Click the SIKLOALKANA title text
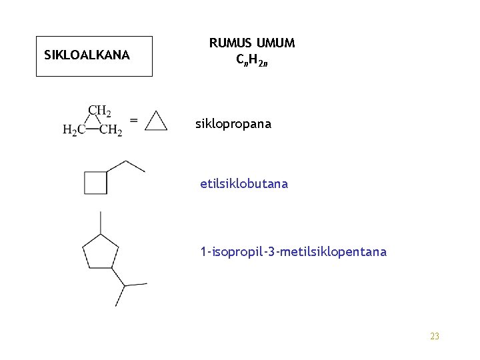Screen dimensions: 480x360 [x=87, y=55]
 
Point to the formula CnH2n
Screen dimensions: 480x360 [x=251, y=60]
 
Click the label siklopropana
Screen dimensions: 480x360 [x=233, y=124]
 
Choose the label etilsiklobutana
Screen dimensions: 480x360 [x=244, y=184]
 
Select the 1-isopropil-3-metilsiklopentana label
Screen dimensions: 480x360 [x=293, y=252]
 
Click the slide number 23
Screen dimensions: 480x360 [x=435, y=337]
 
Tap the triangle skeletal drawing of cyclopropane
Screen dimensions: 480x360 [x=156, y=121]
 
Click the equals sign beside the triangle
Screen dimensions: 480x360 [x=134, y=121]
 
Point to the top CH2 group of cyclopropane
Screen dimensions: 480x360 [x=100, y=111]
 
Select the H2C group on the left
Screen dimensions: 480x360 [x=73, y=131]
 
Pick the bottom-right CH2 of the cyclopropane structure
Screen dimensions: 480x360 [x=111, y=131]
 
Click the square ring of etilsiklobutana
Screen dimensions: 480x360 [x=95, y=183]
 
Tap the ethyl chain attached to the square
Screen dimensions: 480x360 [x=127, y=167]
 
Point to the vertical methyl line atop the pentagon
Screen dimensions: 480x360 [x=100, y=222]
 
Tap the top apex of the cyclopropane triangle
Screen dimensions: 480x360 [x=156, y=112]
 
